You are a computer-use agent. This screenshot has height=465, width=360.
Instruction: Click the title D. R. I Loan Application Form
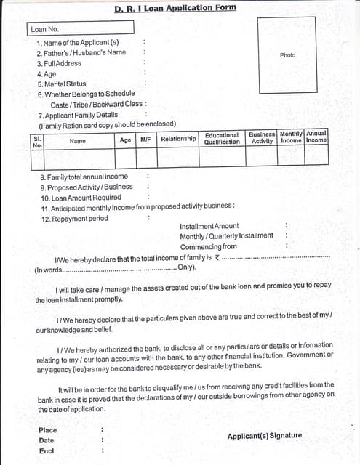(175, 8)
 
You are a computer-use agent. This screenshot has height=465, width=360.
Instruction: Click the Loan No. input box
(81, 28)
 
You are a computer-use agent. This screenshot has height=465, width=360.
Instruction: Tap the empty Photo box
(288, 55)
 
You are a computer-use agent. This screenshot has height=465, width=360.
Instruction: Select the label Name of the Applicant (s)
(77, 42)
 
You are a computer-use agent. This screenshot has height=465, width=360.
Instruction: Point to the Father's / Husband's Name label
(81, 52)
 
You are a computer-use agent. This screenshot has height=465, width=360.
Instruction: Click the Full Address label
(59, 63)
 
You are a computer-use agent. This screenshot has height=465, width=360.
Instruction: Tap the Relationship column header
(178, 139)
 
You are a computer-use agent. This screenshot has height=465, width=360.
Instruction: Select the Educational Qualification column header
(222, 139)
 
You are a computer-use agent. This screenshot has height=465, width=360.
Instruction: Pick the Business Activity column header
(262, 138)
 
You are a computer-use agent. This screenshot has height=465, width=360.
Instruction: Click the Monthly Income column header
(291, 137)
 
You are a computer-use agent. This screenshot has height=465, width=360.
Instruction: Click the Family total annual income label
(84, 177)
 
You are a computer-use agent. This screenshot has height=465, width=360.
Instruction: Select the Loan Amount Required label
(81, 198)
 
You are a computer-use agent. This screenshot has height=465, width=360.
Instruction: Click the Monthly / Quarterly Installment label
(227, 236)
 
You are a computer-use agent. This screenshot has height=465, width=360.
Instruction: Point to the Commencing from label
(209, 246)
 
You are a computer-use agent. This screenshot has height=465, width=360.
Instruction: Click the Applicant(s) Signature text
(264, 436)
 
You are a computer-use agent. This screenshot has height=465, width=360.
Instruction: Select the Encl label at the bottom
(47, 451)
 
